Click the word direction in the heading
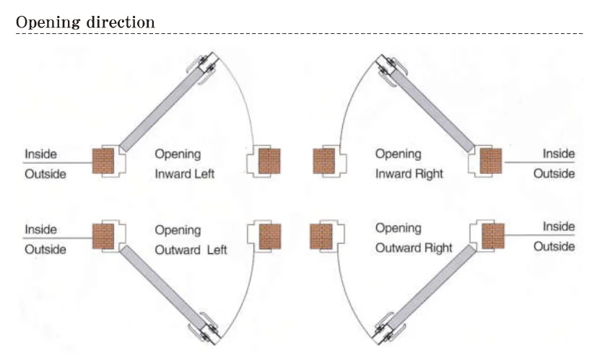pos(118,22)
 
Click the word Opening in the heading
pos(47,22)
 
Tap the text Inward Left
pos(185,174)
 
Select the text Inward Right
pos(409,174)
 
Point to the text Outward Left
pos(191,250)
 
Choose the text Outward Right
pos(414,248)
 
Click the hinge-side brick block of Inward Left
pos(103,161)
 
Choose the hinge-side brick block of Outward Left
pos(103,235)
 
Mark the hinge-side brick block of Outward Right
pos(492,235)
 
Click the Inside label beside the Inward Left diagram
pos(40,154)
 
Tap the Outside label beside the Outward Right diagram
pos(554,247)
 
